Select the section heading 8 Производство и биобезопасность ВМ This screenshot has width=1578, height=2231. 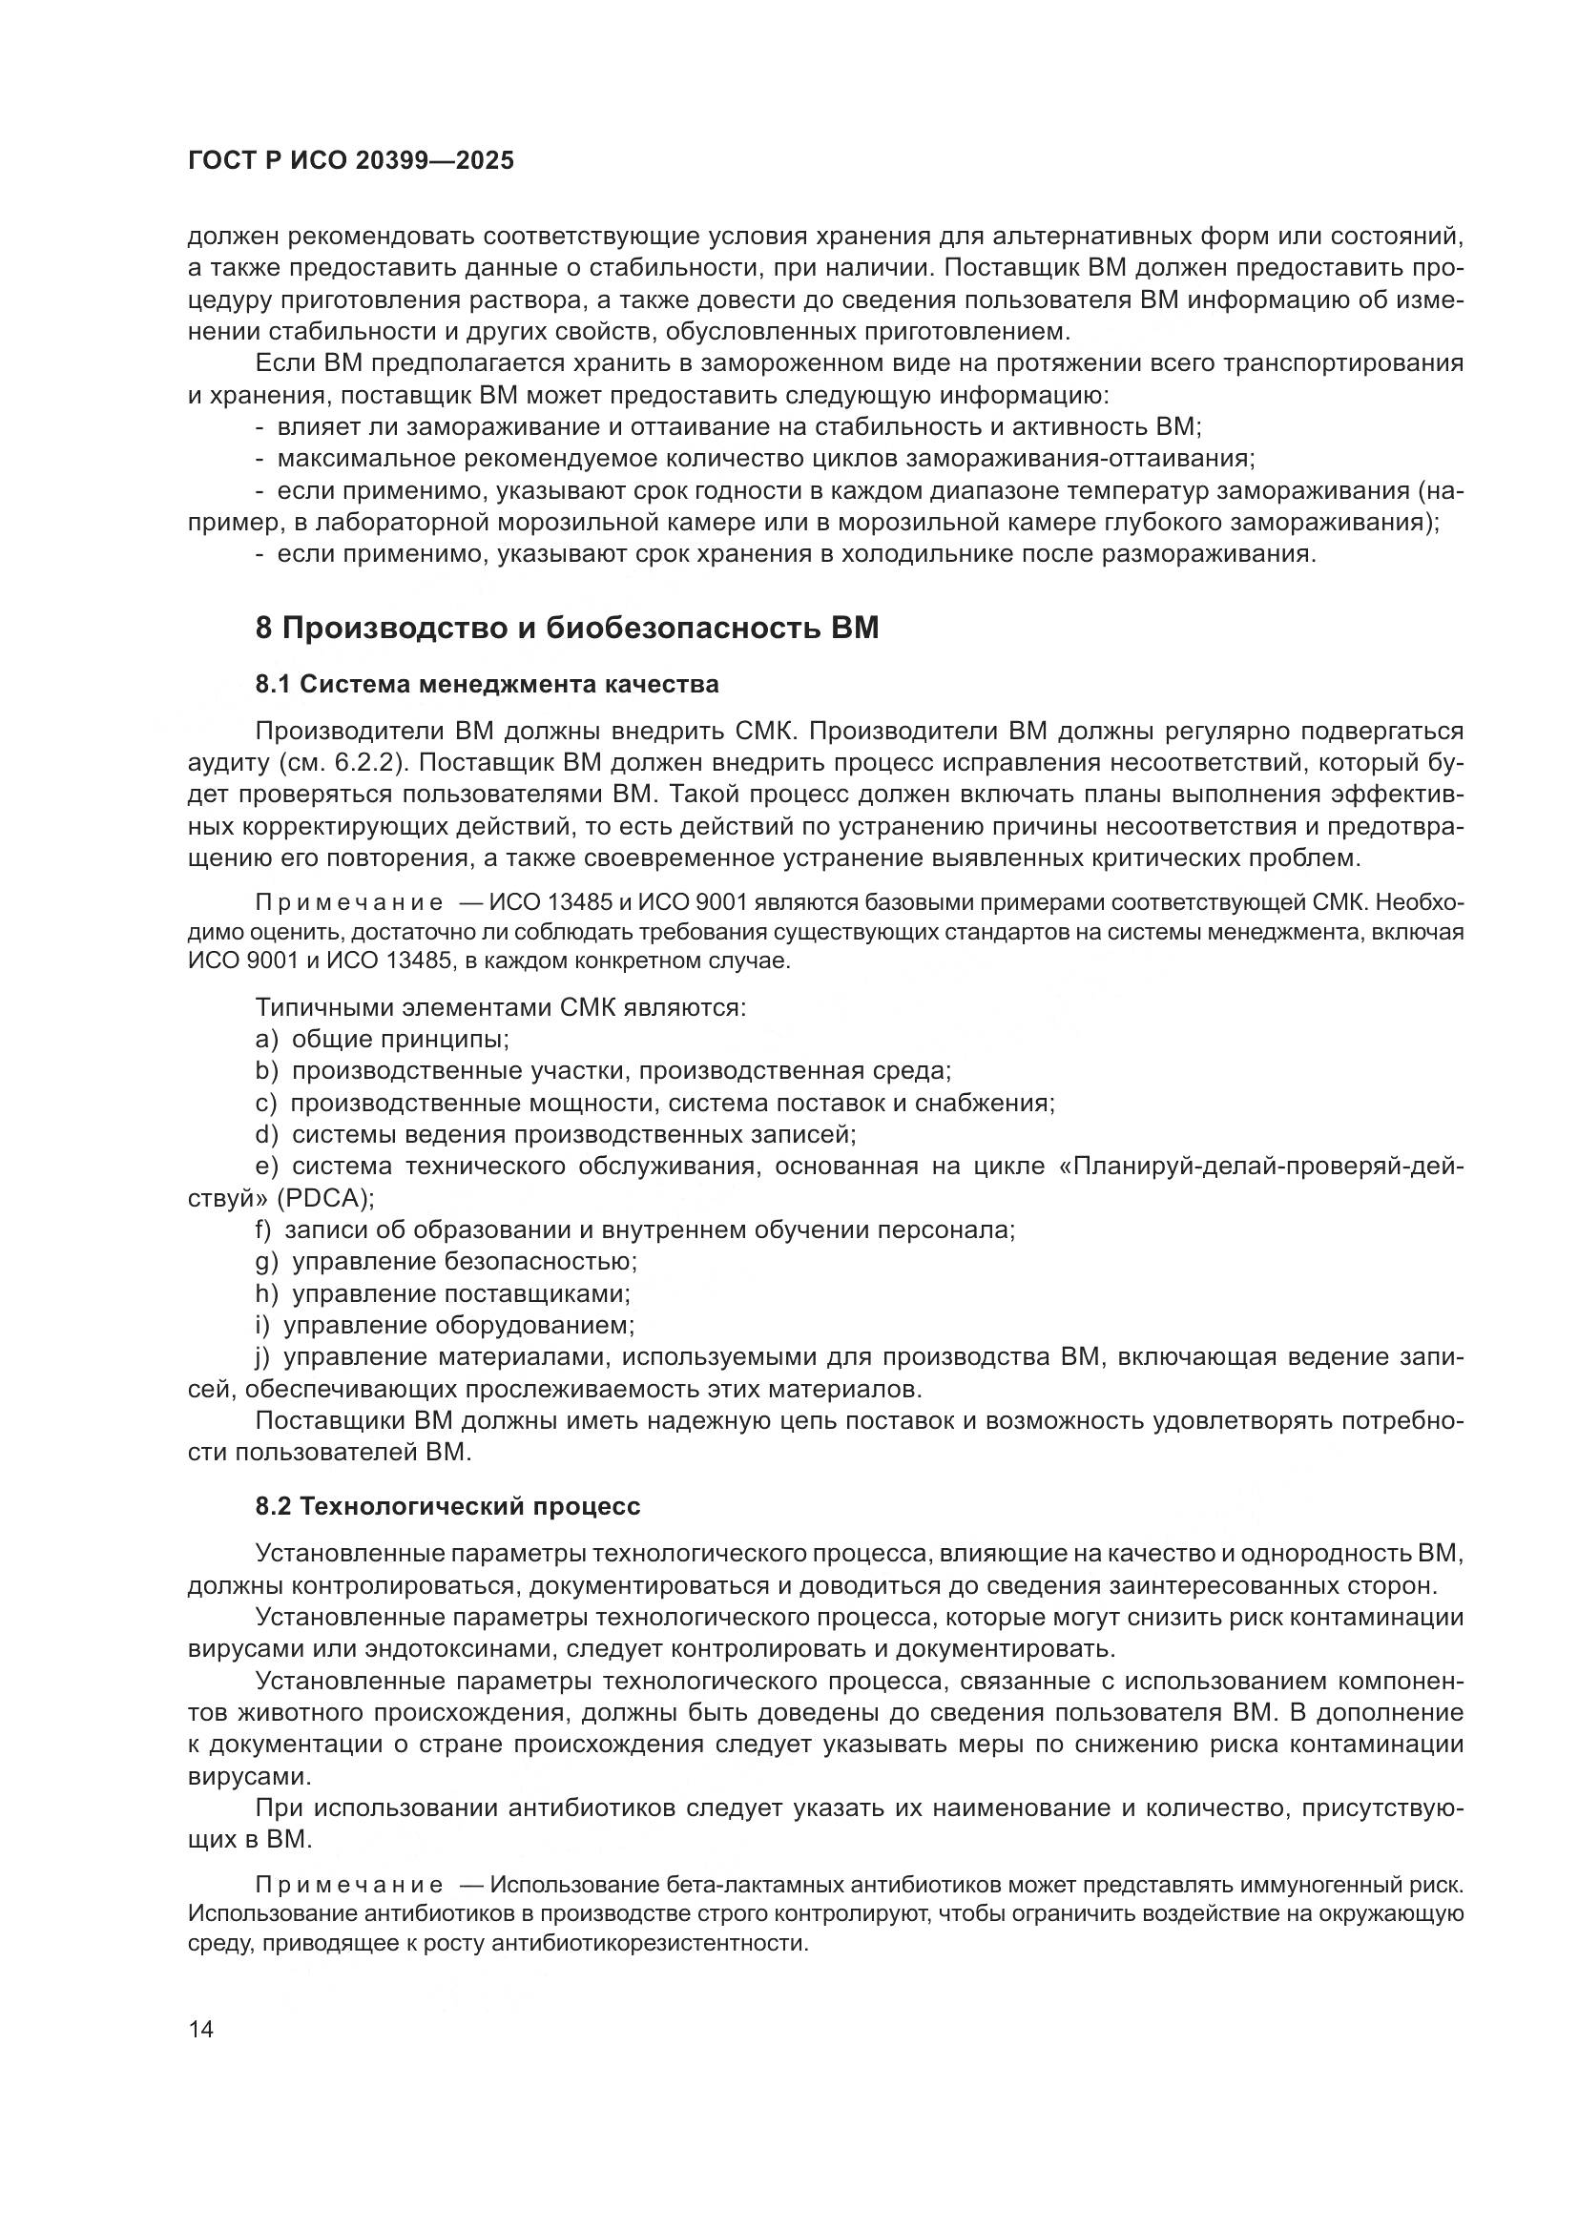[x=567, y=629]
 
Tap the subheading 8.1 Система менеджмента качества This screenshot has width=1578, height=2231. [x=487, y=684]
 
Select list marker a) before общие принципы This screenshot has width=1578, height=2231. [x=266, y=1040]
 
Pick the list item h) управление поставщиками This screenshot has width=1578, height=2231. [x=443, y=1294]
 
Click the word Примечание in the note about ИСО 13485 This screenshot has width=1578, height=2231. [x=349, y=902]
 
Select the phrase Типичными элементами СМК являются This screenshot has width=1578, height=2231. [x=501, y=1007]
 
